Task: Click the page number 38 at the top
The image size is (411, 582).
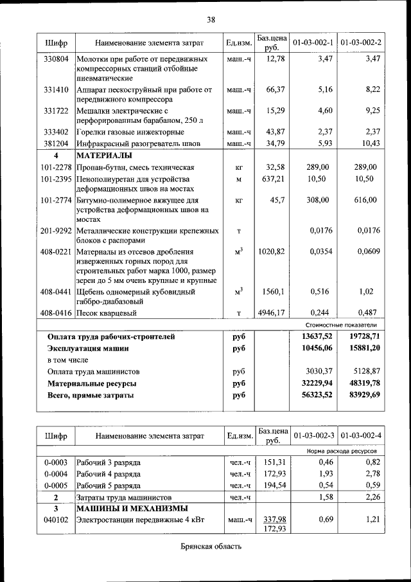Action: point(211,19)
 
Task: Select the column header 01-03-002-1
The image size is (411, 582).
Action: point(313,42)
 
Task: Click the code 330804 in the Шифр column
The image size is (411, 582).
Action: point(56,59)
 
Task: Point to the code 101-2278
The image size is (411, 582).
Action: point(56,167)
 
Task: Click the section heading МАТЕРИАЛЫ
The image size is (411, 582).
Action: point(104,156)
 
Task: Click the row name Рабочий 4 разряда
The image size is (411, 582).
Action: point(109,473)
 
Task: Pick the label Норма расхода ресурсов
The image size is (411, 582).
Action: point(344,451)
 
